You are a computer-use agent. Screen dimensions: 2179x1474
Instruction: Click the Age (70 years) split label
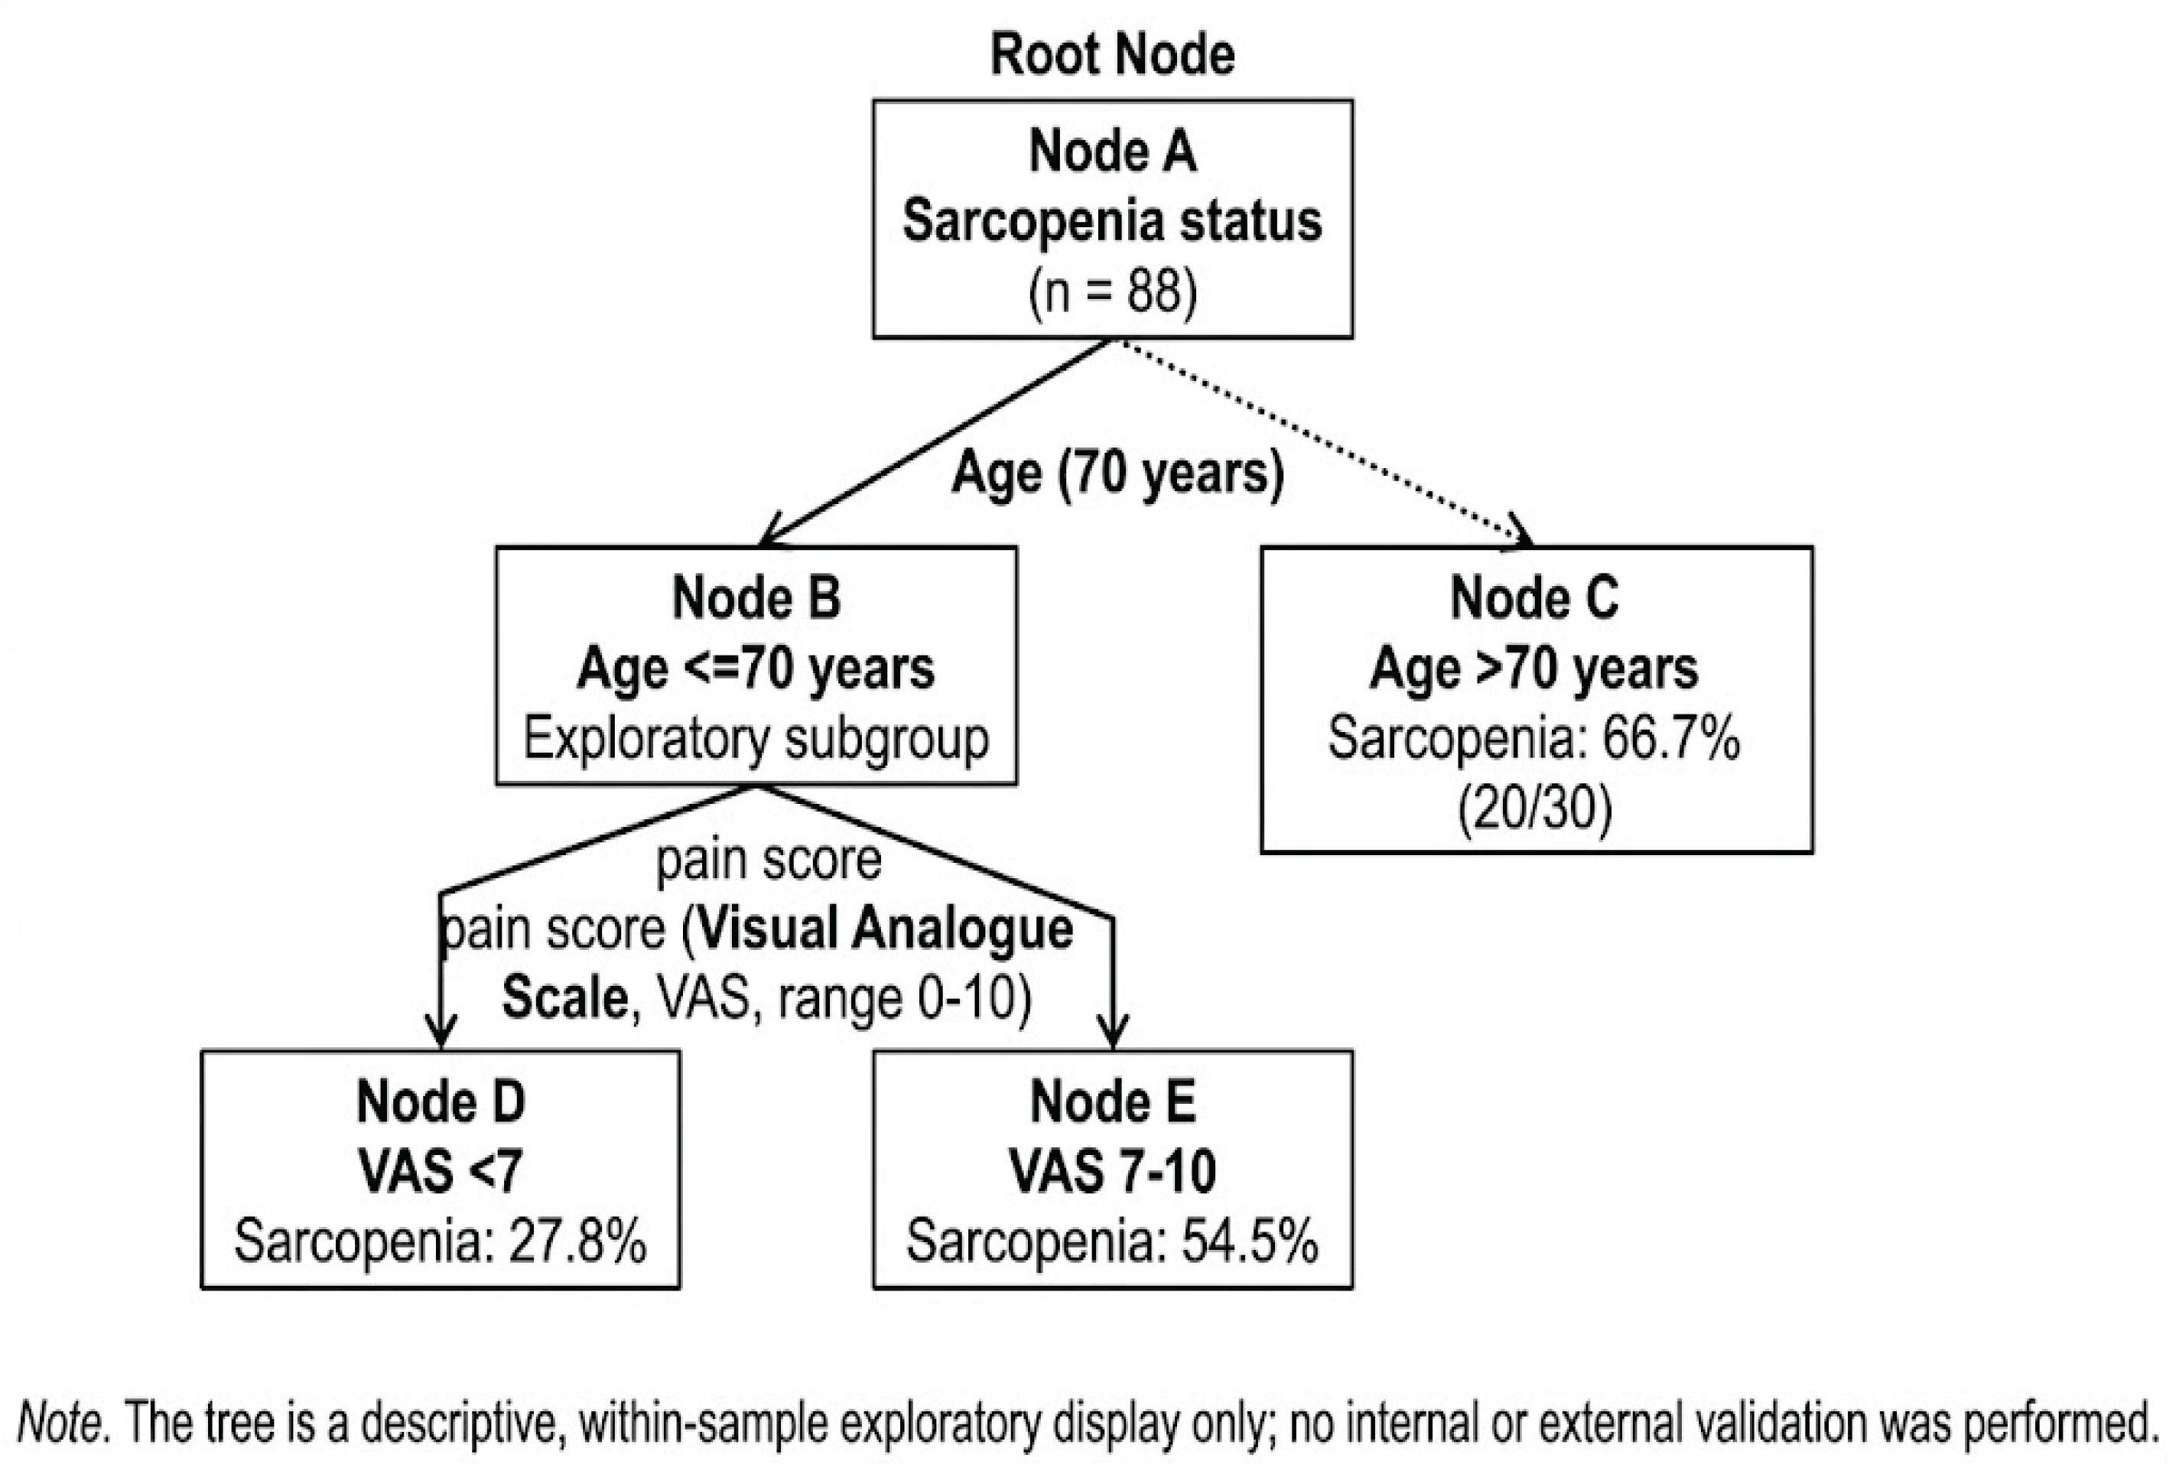[1117, 473]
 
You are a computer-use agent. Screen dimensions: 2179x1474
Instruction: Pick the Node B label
[756, 597]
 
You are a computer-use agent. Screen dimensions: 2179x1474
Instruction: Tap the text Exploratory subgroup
[756, 739]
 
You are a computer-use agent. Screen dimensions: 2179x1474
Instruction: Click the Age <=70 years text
[756, 669]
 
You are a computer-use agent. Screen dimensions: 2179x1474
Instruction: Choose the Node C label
[1534, 597]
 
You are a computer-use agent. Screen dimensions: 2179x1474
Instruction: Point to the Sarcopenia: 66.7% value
[1534, 739]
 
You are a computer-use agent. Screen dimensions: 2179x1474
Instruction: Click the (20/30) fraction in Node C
[1534, 809]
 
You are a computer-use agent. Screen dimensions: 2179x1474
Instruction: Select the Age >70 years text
[1534, 669]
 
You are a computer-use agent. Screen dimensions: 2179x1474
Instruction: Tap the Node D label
[441, 1101]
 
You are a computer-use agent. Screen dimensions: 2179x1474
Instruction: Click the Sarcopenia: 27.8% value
[441, 1241]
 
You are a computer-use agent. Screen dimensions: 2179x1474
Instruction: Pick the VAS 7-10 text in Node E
[1112, 1171]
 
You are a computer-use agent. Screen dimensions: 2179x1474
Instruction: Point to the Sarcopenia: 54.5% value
[1112, 1241]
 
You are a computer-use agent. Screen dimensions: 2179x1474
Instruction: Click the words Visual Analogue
[886, 930]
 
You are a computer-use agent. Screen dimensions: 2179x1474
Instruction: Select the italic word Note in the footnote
[58, 1424]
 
